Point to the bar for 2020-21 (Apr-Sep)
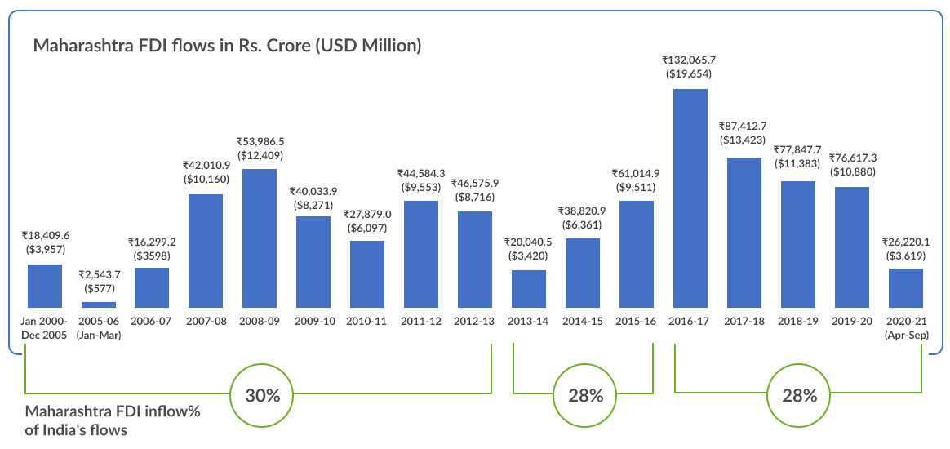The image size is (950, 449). click(x=905, y=287)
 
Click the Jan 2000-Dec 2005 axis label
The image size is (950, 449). click(x=45, y=328)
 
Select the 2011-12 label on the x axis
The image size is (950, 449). click(x=420, y=322)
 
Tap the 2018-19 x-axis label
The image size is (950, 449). click(x=797, y=322)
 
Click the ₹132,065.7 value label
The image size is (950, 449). click(x=690, y=60)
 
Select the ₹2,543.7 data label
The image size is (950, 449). click(x=99, y=273)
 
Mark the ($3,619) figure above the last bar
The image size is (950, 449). click(x=905, y=256)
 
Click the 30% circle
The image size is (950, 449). click(x=262, y=396)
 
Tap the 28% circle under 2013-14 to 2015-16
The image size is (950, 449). click(x=583, y=396)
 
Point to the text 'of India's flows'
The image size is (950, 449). click(x=76, y=429)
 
